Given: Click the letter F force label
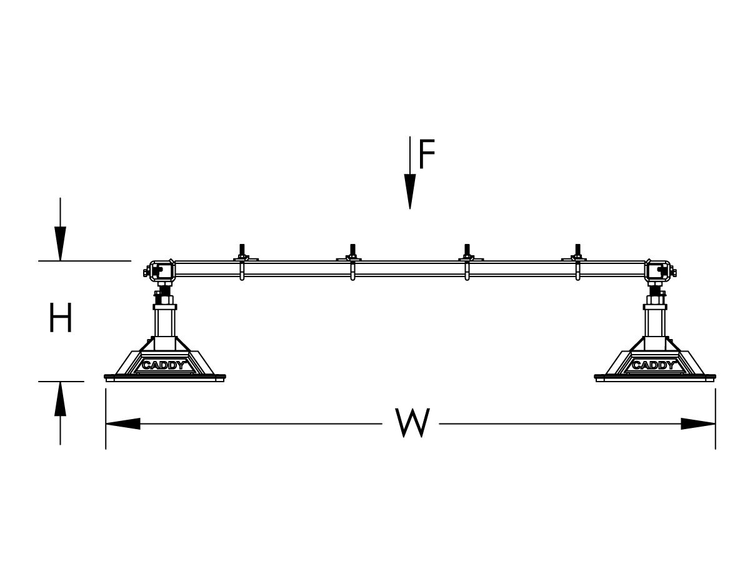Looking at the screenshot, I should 427,155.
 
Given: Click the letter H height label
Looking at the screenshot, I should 61,318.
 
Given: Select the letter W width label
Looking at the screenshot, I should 413,423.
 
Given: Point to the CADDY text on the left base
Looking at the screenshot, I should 164,365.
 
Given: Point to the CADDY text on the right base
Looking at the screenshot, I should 653,365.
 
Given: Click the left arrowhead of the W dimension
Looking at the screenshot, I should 122,424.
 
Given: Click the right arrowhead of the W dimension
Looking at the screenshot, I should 698,424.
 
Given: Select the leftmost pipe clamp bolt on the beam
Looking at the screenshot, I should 241,251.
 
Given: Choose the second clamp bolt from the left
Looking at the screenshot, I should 352,251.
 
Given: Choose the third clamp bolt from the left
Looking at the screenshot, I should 466,251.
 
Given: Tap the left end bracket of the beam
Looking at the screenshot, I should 158,270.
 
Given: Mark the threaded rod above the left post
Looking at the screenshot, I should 166,291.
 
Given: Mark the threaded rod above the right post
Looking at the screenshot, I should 656,291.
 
